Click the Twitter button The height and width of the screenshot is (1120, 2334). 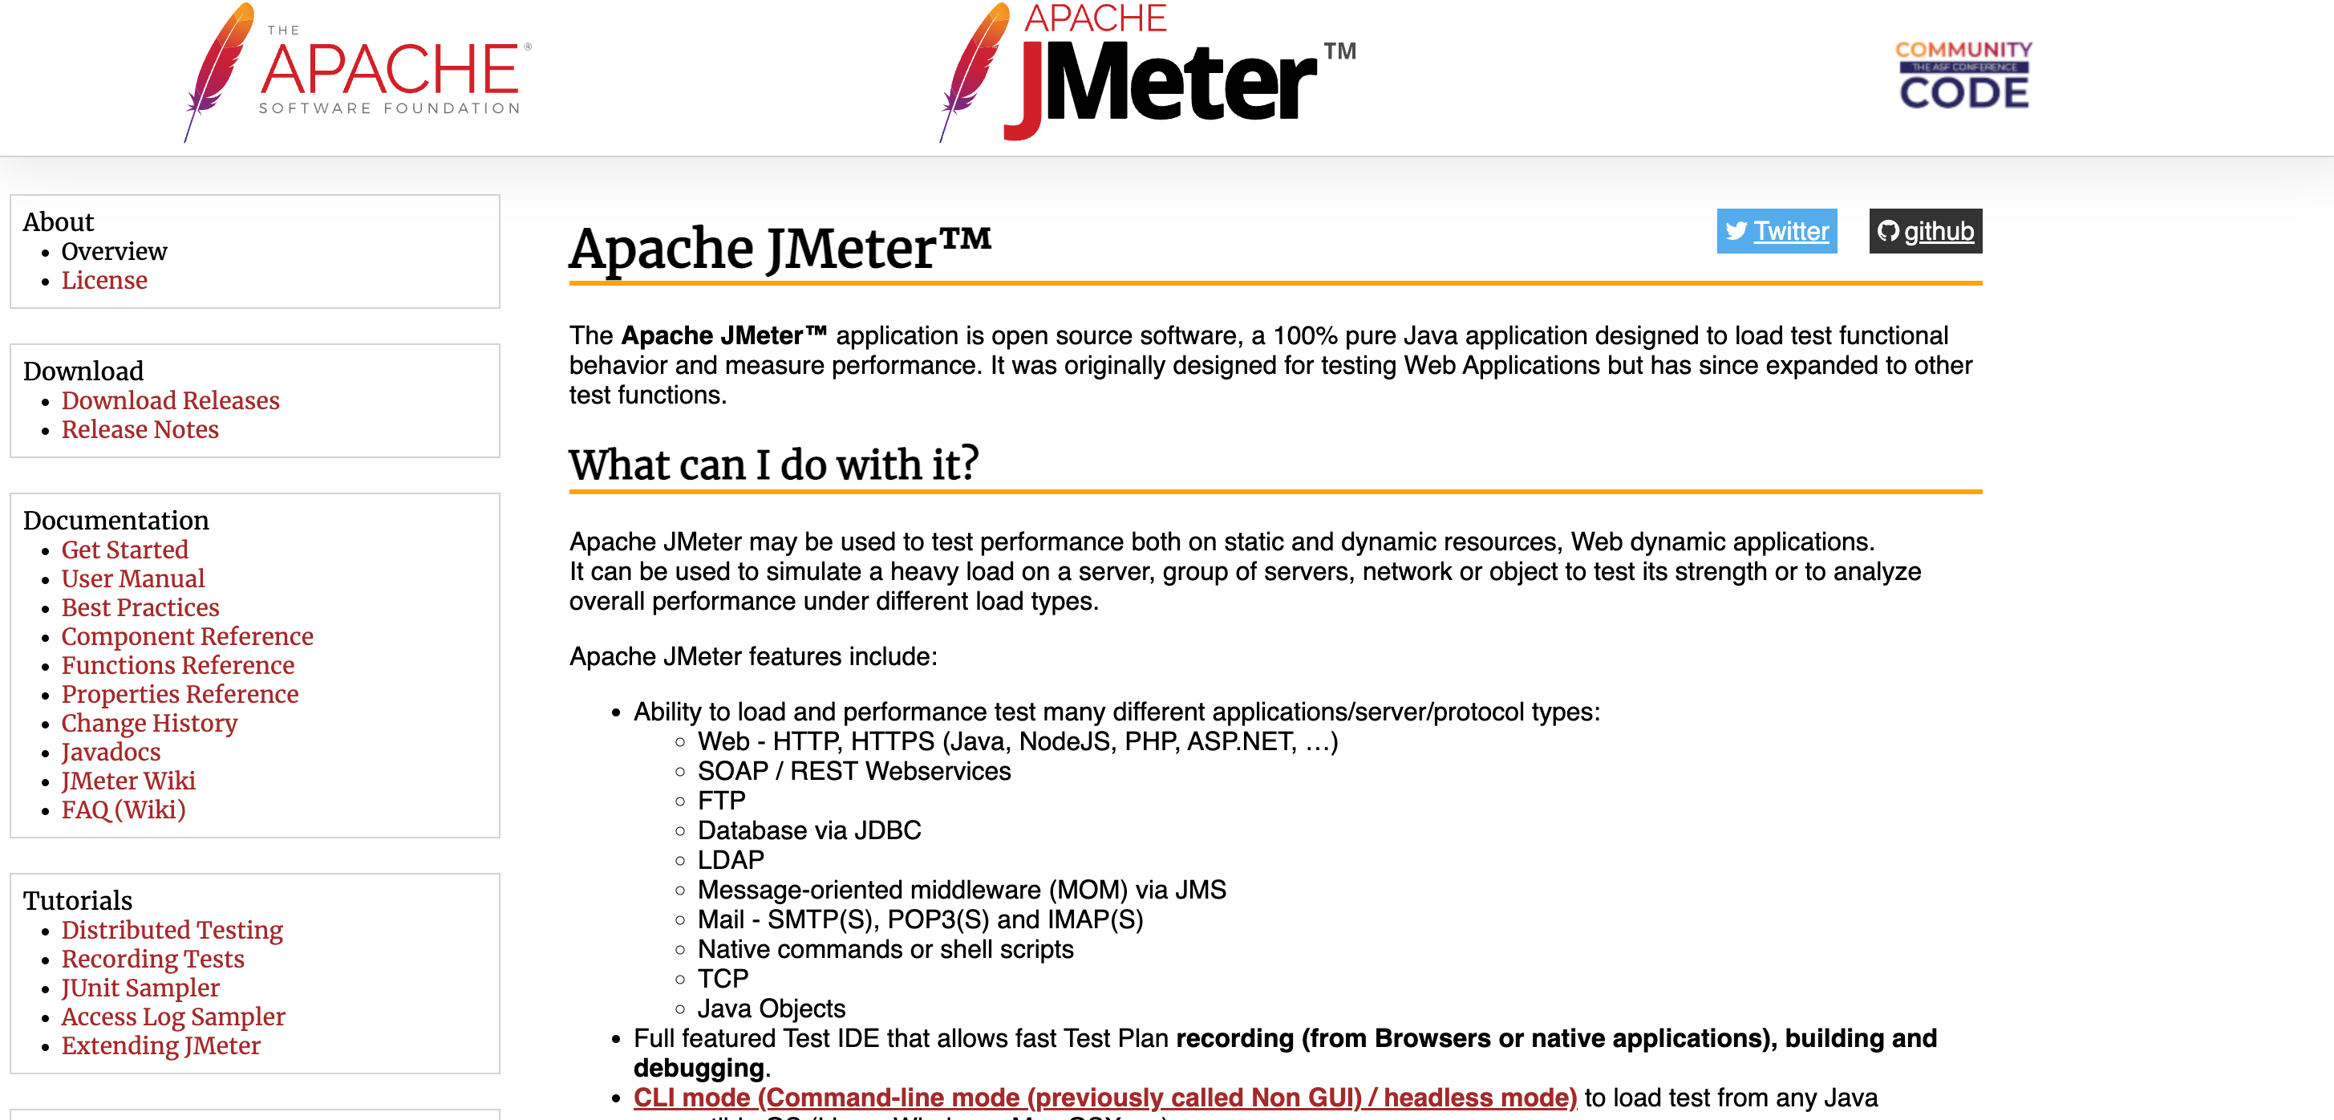1776,231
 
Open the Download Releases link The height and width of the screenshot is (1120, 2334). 170,400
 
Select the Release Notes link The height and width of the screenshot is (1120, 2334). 140,429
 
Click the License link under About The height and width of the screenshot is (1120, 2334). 104,280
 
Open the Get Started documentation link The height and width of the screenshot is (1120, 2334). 125,550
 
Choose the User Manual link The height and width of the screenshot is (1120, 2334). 133,579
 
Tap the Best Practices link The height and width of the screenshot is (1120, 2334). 140,608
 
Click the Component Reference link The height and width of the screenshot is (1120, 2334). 188,637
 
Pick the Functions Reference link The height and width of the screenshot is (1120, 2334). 177,666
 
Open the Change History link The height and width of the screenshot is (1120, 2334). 149,723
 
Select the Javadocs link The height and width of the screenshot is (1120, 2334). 111,752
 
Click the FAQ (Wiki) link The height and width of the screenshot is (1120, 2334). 124,810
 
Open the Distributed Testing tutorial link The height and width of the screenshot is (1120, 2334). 172,931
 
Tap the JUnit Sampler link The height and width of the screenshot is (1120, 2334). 140,988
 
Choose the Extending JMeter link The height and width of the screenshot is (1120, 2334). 161,1045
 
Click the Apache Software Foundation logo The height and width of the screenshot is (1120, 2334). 358,72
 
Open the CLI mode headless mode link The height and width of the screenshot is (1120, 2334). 1104,1098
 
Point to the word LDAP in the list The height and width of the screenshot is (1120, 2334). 731,860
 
